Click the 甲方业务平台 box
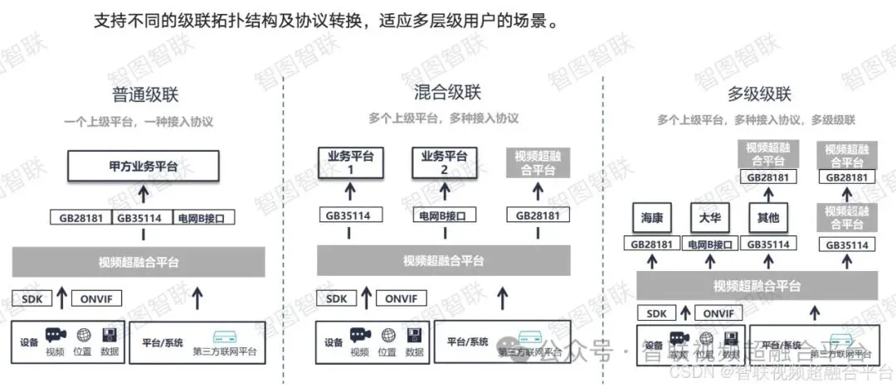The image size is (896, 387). [144, 167]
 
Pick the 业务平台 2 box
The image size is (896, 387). [444, 162]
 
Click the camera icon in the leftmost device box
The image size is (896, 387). [56, 335]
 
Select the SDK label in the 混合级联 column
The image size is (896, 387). [336, 298]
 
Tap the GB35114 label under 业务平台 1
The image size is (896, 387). [347, 215]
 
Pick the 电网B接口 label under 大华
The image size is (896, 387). [709, 244]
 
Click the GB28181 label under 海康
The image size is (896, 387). [651, 244]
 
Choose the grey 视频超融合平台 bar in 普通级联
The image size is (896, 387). [139, 262]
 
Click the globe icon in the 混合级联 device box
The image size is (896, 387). [388, 336]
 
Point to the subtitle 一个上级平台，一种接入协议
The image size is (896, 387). [139, 121]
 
